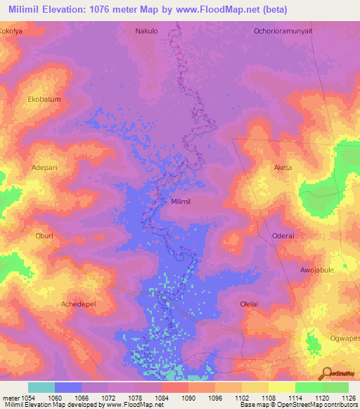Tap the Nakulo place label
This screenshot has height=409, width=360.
click(x=146, y=32)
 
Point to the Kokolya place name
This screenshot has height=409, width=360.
click(x=12, y=32)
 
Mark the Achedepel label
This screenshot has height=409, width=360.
click(x=78, y=304)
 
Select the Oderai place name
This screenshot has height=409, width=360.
click(x=283, y=236)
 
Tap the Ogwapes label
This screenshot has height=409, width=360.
click(x=344, y=338)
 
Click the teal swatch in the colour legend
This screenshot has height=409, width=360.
click(x=41, y=387)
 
